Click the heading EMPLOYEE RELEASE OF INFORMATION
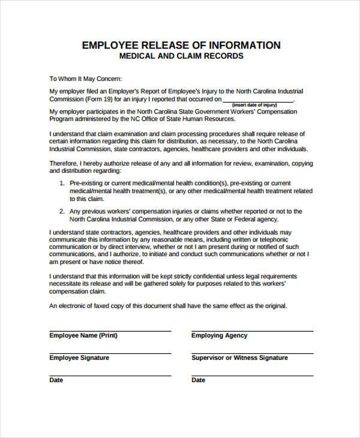coord(181,46)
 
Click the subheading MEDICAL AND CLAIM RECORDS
coord(181,56)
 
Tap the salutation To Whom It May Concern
coord(85,78)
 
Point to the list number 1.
coord(63,182)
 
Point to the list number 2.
coord(63,211)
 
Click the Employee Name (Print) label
coord(83,336)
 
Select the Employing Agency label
coord(219,336)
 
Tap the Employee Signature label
coord(79,358)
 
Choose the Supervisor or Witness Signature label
coord(239,358)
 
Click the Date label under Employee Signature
coord(56,380)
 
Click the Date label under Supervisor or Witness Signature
coord(198,380)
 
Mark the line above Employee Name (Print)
coord(110,331)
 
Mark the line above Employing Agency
coord(251,331)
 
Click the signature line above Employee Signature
coord(110,353)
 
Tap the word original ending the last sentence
coord(274,305)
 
